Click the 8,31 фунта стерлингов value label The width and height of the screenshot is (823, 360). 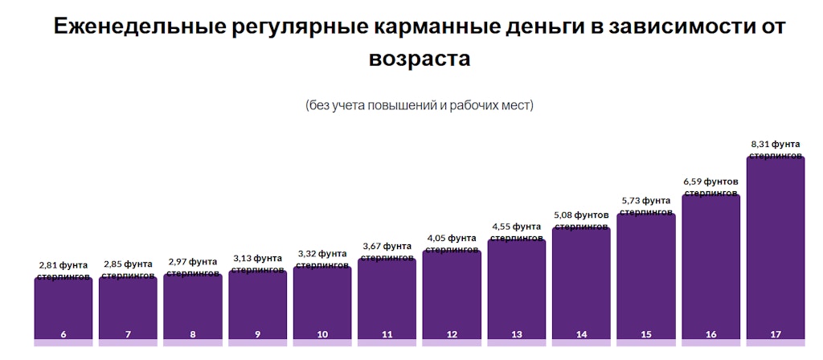[x=775, y=149]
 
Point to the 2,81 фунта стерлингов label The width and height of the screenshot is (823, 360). [x=63, y=269]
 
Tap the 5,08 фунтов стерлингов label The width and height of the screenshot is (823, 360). [x=581, y=220]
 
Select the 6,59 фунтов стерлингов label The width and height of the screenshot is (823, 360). [x=710, y=186]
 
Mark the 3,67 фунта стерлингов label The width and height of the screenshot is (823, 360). [x=387, y=251]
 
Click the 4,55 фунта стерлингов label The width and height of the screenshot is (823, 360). [x=516, y=231]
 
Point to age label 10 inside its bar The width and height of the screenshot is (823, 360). [x=322, y=333]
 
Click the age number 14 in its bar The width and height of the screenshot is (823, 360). [x=581, y=333]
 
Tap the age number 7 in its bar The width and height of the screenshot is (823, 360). [x=128, y=333]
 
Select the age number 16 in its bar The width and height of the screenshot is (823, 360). [x=710, y=333]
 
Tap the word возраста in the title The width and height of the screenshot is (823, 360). [x=419, y=59]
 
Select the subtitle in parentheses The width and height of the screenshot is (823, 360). [x=419, y=105]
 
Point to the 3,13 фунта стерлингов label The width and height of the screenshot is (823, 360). [x=257, y=263]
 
